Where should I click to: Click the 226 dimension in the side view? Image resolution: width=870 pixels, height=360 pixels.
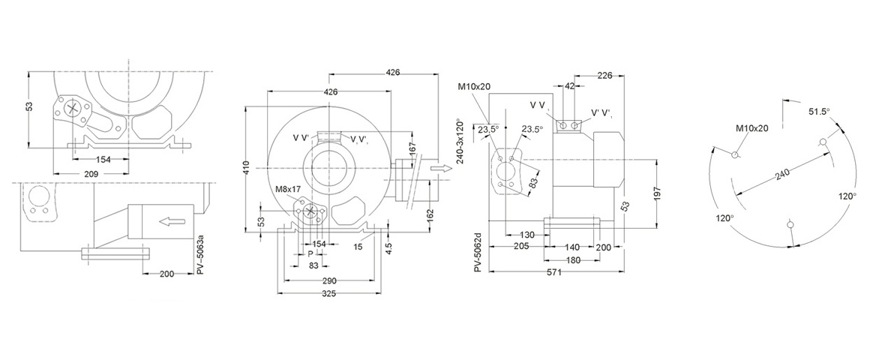(605, 75)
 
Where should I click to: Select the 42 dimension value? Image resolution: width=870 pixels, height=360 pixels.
(570, 86)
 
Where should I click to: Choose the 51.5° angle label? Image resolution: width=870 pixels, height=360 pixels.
(819, 111)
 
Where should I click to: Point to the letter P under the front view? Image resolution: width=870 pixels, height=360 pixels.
(310, 254)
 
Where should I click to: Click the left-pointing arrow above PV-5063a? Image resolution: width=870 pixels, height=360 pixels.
(172, 221)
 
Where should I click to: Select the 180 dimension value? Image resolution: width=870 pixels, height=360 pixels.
(573, 259)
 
